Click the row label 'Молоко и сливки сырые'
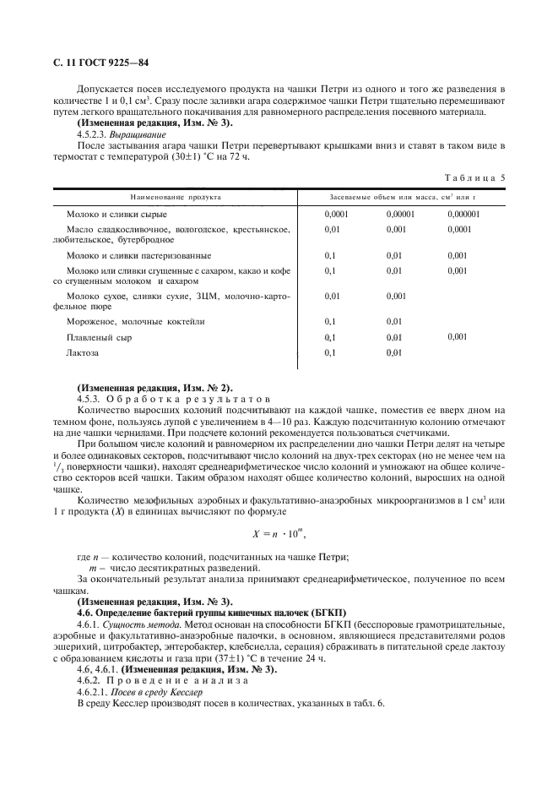[116, 215]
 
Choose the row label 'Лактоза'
[83, 353]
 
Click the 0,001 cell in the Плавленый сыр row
[458, 337]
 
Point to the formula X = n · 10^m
[278, 534]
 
